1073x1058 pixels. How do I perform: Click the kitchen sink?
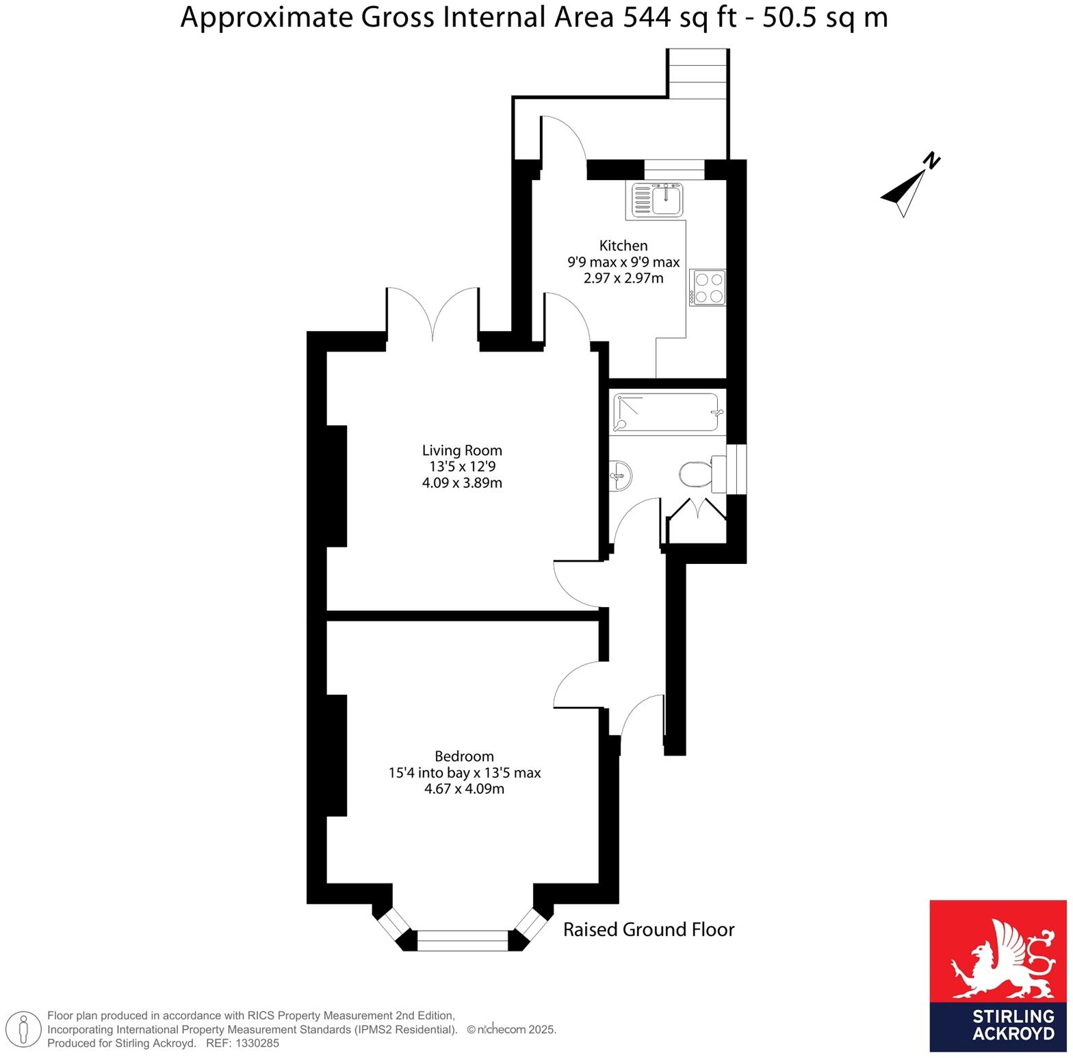point(656,198)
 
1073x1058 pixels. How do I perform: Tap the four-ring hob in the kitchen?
point(707,287)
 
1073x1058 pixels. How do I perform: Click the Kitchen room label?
point(623,246)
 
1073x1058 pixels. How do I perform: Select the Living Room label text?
point(462,450)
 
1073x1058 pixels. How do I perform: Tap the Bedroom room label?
point(464,756)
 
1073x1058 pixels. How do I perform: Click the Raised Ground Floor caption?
point(648,929)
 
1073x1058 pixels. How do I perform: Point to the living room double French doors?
point(432,315)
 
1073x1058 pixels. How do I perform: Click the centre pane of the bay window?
point(463,940)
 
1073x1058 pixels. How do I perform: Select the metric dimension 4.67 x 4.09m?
point(464,789)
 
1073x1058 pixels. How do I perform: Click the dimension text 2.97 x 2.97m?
point(623,279)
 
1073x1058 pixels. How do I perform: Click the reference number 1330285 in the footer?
point(257,1044)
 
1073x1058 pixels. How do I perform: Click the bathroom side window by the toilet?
point(737,469)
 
